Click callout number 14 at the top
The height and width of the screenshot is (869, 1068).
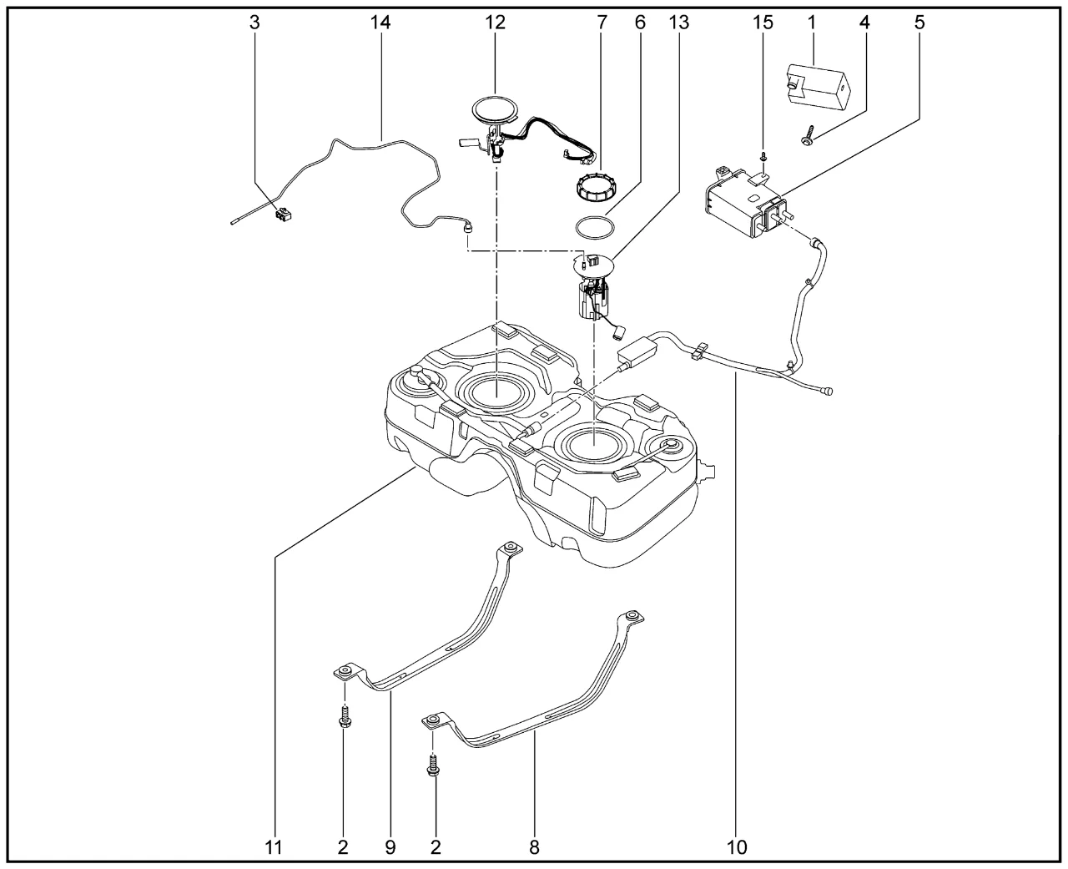coord(380,23)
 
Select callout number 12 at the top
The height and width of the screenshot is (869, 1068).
coord(496,23)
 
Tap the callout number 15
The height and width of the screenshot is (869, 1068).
coord(763,23)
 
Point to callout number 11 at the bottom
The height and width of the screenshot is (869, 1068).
coord(274,847)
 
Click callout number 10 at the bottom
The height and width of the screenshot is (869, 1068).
coord(737,847)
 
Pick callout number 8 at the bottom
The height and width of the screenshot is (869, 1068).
coord(534,847)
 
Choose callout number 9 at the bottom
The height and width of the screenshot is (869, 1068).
coord(390,847)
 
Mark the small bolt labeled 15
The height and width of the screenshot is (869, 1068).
coord(763,156)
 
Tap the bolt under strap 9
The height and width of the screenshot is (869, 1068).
coord(344,717)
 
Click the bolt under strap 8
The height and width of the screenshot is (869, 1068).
coord(433,766)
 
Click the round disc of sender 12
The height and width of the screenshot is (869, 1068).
coord(495,110)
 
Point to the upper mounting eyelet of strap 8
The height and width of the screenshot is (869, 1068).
coord(632,618)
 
